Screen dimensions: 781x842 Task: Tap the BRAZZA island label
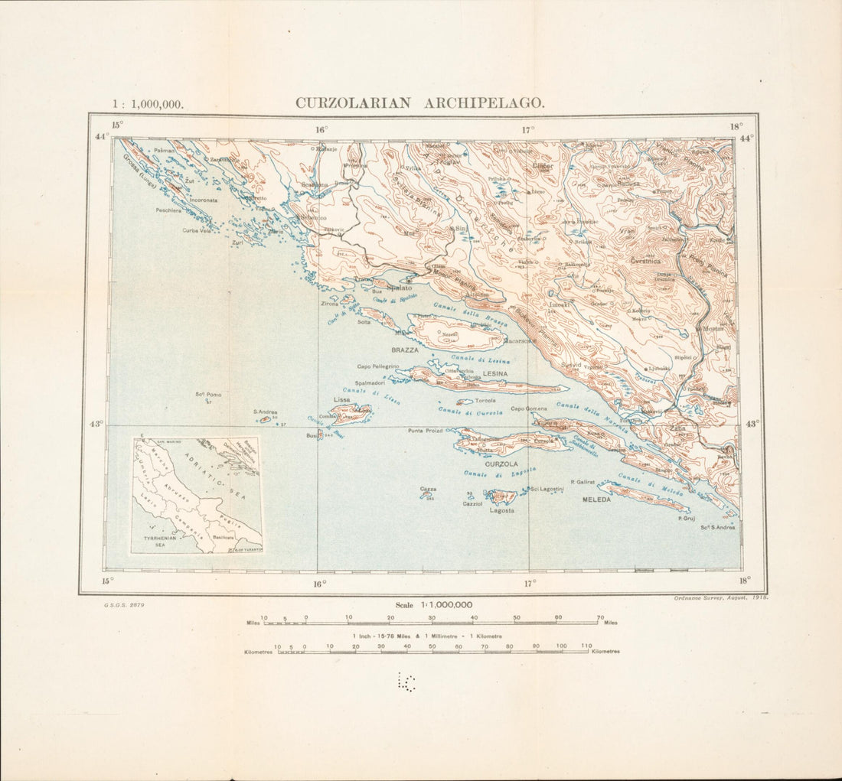tap(405, 350)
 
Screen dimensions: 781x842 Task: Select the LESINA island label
tap(495, 373)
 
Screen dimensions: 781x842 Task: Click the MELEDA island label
tap(597, 500)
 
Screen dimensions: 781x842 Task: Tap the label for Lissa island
tap(341, 400)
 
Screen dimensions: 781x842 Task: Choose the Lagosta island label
tap(501, 510)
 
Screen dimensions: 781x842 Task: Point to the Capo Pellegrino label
tap(377, 366)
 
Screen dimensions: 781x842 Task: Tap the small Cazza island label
tap(428, 488)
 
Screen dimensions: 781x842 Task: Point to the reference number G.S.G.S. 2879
tap(125, 604)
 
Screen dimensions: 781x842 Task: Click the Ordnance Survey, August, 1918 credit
tap(719, 597)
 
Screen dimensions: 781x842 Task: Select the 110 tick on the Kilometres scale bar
tap(586, 646)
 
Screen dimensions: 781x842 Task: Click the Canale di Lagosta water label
tap(493, 475)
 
